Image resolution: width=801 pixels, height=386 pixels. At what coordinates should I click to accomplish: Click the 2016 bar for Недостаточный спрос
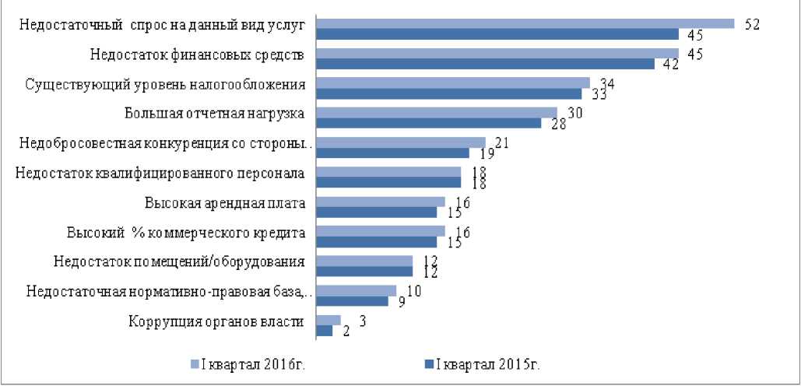pos(525,23)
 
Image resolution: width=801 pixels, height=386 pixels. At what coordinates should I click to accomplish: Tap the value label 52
pos(752,24)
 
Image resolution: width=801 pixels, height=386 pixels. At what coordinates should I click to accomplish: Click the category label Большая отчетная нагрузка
pos(214,114)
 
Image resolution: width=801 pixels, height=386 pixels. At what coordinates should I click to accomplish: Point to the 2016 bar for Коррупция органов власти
pos(328,320)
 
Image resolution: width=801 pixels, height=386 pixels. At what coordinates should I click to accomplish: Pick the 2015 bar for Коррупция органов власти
pos(324,330)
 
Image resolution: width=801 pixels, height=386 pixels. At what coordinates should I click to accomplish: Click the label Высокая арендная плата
pos(225,203)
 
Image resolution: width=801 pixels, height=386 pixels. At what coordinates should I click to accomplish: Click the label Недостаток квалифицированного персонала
pos(160,173)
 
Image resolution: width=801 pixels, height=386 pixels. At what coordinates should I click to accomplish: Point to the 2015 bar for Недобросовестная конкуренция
pos(393,153)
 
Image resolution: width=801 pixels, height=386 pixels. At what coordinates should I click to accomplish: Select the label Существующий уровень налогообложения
pos(165,84)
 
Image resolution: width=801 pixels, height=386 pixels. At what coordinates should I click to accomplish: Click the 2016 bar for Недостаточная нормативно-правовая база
pos(357,290)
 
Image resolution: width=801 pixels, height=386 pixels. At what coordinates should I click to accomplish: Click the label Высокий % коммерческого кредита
pos(186,233)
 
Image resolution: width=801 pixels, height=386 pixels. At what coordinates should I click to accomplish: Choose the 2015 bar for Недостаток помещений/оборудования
pos(364,271)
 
